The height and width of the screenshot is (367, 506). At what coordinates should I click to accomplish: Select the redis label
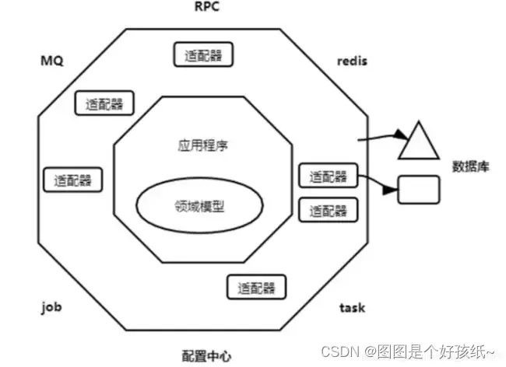(351, 60)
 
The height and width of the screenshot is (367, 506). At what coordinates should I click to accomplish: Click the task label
(352, 307)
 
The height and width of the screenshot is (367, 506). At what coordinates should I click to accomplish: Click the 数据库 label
(471, 166)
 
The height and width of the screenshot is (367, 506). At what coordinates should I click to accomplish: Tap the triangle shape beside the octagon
(419, 142)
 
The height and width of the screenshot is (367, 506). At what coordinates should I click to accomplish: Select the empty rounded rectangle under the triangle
(418, 189)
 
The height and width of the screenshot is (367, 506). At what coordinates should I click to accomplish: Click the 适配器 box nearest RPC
(202, 55)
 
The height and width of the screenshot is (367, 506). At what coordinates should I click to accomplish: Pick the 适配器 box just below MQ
(103, 103)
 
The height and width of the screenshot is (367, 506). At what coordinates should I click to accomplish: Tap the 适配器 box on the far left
(72, 180)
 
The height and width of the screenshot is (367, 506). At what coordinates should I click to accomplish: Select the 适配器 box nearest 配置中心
(255, 286)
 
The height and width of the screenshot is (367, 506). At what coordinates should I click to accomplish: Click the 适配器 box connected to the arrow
(327, 177)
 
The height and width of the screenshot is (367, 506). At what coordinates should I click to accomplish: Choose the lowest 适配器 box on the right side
(327, 209)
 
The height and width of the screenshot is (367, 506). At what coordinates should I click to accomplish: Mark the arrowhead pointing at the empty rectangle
(392, 189)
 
